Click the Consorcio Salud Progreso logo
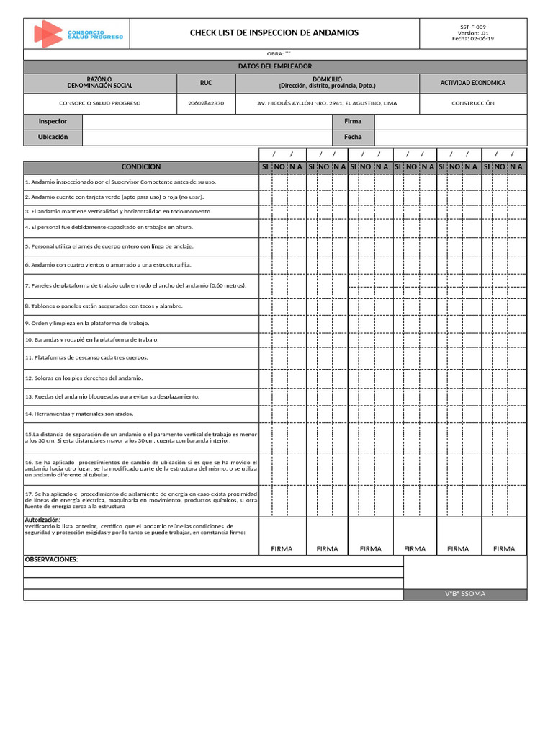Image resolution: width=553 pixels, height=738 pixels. click(x=78, y=34)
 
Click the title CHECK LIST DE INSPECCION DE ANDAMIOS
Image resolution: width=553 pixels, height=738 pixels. click(x=274, y=33)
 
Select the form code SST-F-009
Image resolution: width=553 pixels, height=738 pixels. click(x=473, y=27)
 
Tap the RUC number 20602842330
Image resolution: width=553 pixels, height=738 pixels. click(x=205, y=103)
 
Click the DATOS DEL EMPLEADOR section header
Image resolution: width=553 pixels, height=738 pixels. click(x=274, y=66)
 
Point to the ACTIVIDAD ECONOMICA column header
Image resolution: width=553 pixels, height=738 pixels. click(x=472, y=83)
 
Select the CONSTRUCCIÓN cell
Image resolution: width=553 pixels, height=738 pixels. click(x=472, y=103)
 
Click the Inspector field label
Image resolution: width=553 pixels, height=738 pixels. click(x=53, y=121)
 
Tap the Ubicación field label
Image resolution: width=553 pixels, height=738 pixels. click(x=53, y=136)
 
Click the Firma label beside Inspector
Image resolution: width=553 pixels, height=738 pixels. click(x=353, y=121)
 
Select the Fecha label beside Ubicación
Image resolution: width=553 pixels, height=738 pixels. click(x=353, y=136)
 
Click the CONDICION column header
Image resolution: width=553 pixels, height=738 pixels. click(x=140, y=166)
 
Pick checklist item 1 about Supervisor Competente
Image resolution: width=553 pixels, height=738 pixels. click(x=120, y=182)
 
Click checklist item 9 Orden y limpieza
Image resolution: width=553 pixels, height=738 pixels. click(x=86, y=324)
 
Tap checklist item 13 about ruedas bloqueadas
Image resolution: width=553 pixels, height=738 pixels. click(x=112, y=396)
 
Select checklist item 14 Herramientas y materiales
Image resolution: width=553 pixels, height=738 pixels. click(x=79, y=414)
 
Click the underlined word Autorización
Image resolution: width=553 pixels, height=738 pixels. click(x=42, y=520)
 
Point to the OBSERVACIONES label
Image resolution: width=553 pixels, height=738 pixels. click(x=50, y=560)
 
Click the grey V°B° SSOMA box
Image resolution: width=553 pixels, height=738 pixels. click(x=464, y=594)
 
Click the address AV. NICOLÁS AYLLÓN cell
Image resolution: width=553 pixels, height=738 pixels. click(x=327, y=103)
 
